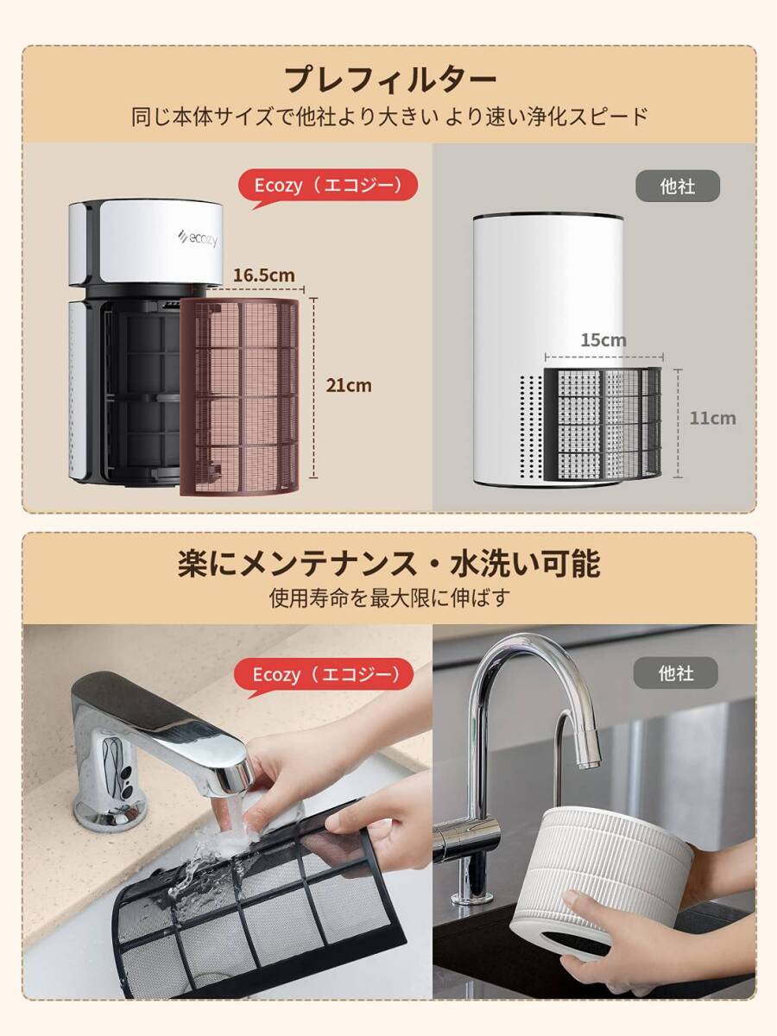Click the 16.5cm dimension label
263,275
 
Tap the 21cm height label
348,385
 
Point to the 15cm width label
603,340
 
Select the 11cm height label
712,418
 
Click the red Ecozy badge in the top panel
327,185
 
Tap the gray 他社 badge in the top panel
677,186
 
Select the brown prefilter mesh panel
239,397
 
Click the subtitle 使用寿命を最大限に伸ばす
388,597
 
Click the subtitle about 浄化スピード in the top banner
388,117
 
